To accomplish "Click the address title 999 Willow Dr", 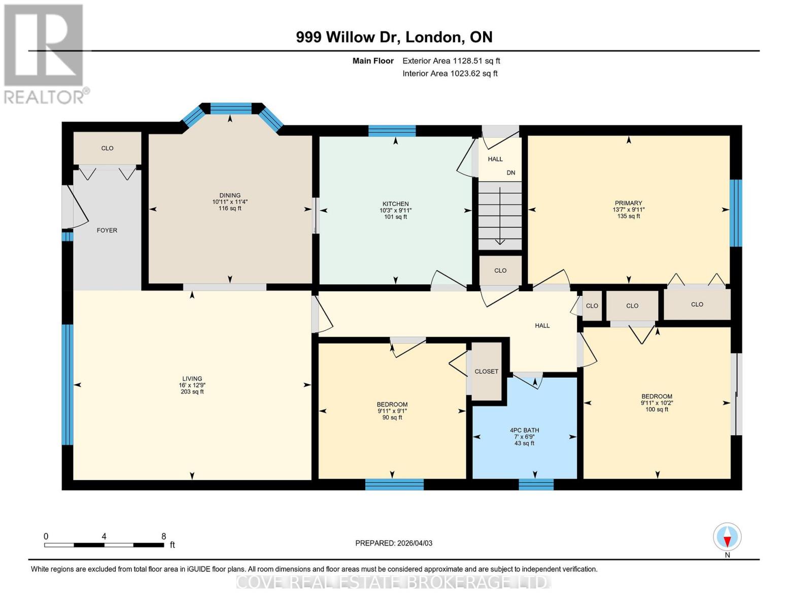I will click(x=394, y=37).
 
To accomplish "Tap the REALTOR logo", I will click(x=44, y=53).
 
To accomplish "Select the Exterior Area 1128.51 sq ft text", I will click(x=451, y=61).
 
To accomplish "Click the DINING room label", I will click(x=230, y=195).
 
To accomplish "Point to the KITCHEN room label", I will click(x=395, y=204).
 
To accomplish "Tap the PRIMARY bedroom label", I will click(x=628, y=203).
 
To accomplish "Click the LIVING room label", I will click(x=192, y=379).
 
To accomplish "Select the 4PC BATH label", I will click(x=524, y=430).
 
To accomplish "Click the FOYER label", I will click(x=107, y=230).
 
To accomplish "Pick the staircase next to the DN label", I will click(x=500, y=216).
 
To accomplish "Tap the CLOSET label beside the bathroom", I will click(x=486, y=371).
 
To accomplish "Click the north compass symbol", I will click(x=727, y=537).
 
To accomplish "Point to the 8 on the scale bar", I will click(x=163, y=536).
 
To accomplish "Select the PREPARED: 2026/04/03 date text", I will click(x=394, y=543).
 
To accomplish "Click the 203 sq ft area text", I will click(x=192, y=392).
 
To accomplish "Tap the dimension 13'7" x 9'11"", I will click(x=628, y=210).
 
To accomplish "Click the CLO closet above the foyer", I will click(x=107, y=148).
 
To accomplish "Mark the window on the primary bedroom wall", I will click(x=736, y=213).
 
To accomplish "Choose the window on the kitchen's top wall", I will click(x=392, y=131).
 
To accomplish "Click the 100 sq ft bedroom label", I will click(x=657, y=410).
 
